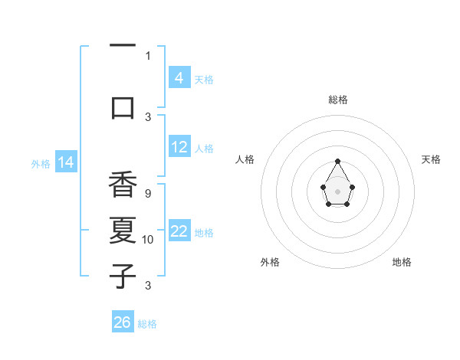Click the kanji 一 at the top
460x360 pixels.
[123, 47]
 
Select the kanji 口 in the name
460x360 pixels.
[123, 106]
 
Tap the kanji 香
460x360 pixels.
[123, 185]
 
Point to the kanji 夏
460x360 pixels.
[123, 230]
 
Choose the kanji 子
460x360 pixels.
[123, 275]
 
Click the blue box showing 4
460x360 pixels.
[179, 77]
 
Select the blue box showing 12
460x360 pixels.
[179, 148]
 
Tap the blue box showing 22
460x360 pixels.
[179, 232]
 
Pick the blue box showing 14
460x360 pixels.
[65, 162]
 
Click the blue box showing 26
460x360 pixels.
[123, 322]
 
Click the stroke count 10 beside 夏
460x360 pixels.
[148, 240]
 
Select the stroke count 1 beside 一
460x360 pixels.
[148, 55]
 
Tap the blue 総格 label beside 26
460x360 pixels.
[147, 324]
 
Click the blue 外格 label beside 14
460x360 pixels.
[41, 163]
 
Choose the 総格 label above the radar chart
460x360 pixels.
[337, 100]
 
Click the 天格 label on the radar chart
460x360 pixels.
[431, 159]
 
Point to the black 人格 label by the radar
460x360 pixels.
[245, 159]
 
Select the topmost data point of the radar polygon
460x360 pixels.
[337, 161]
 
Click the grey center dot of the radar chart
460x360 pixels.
[337, 190]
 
